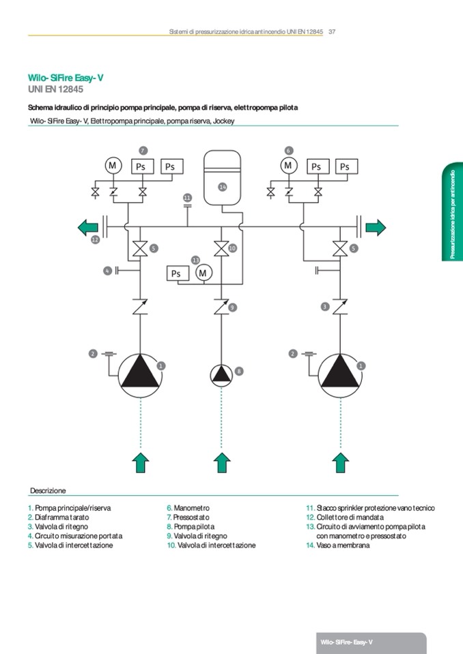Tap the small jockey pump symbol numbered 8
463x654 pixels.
click(220, 375)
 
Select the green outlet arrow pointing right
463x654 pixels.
click(376, 227)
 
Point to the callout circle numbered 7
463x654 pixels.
click(143, 150)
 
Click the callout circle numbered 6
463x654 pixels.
click(288, 150)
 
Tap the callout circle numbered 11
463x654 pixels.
click(188, 198)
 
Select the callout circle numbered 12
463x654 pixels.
click(95, 240)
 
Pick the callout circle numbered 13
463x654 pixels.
click(195, 260)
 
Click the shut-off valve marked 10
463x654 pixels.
click(220, 249)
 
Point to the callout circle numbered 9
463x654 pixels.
click(232, 308)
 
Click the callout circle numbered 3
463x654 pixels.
click(325, 308)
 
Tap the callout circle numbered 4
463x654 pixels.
click(107, 271)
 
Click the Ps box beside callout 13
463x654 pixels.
click(178, 273)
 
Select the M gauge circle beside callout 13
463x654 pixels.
click(203, 273)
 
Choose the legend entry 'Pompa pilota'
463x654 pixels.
click(194, 527)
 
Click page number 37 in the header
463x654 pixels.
click(332, 31)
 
